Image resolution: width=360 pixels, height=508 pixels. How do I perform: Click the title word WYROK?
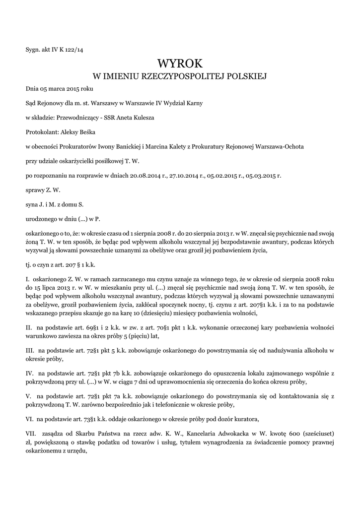[x=180, y=64]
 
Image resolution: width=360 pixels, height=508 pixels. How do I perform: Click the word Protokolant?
[x=42, y=132]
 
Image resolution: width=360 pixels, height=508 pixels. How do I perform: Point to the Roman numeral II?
[x=28, y=327]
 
